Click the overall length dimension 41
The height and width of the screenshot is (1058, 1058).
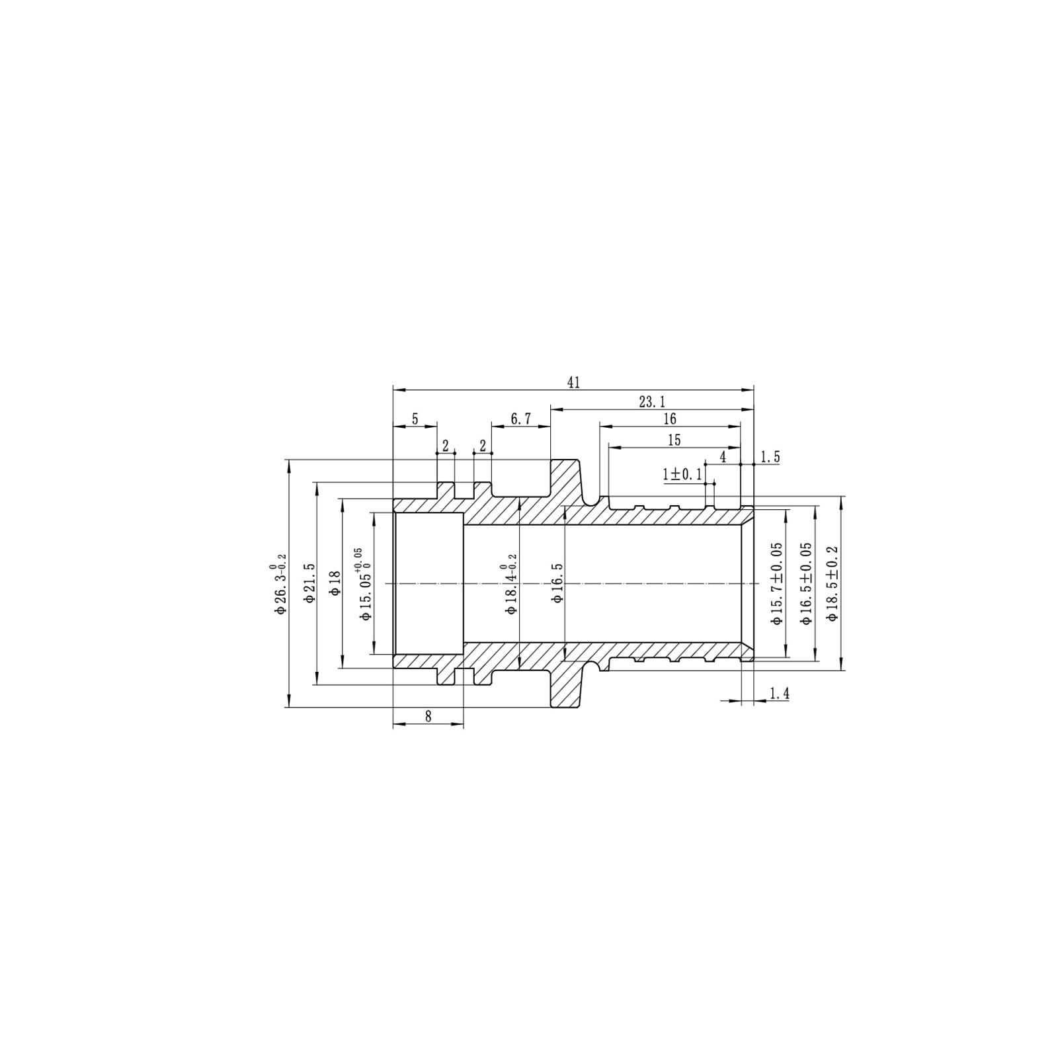pos(573,383)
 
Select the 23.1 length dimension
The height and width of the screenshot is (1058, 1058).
pos(651,401)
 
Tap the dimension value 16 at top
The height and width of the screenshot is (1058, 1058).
pos(669,419)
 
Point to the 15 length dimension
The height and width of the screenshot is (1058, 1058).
pos(674,440)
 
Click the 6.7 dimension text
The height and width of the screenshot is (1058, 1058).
pos(521,419)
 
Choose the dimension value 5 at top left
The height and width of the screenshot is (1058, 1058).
pos(415,419)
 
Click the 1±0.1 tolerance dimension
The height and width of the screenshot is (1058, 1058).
pos(682,474)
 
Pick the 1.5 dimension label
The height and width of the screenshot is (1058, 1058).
pos(770,457)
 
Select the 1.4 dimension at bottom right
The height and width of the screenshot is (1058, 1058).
pos(780,694)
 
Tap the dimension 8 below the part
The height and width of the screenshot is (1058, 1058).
pos(428,716)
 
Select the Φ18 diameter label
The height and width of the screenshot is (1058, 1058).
pos(335,583)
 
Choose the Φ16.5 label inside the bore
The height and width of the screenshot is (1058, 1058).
pos(557,583)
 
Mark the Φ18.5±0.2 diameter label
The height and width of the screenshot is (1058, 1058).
pos(833,583)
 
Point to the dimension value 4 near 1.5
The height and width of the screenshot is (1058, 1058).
pos(723,457)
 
